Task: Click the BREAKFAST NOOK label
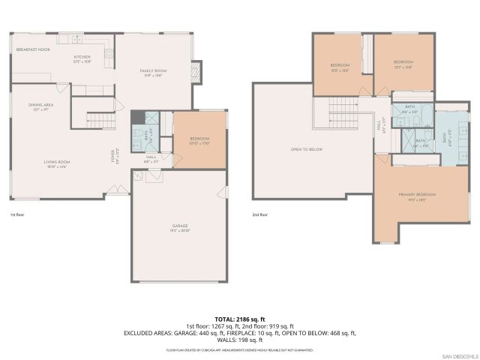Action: tap(33, 49)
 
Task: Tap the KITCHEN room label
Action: tap(82, 57)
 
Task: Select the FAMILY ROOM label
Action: tap(152, 70)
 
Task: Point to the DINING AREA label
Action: tap(40, 105)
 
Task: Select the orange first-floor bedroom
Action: tap(199, 140)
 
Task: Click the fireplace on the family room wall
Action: tap(196, 71)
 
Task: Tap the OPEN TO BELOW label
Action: tap(307, 149)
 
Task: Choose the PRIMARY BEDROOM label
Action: tap(416, 195)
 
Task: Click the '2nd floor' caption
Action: tap(260, 215)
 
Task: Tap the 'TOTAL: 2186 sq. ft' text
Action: tap(240, 319)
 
